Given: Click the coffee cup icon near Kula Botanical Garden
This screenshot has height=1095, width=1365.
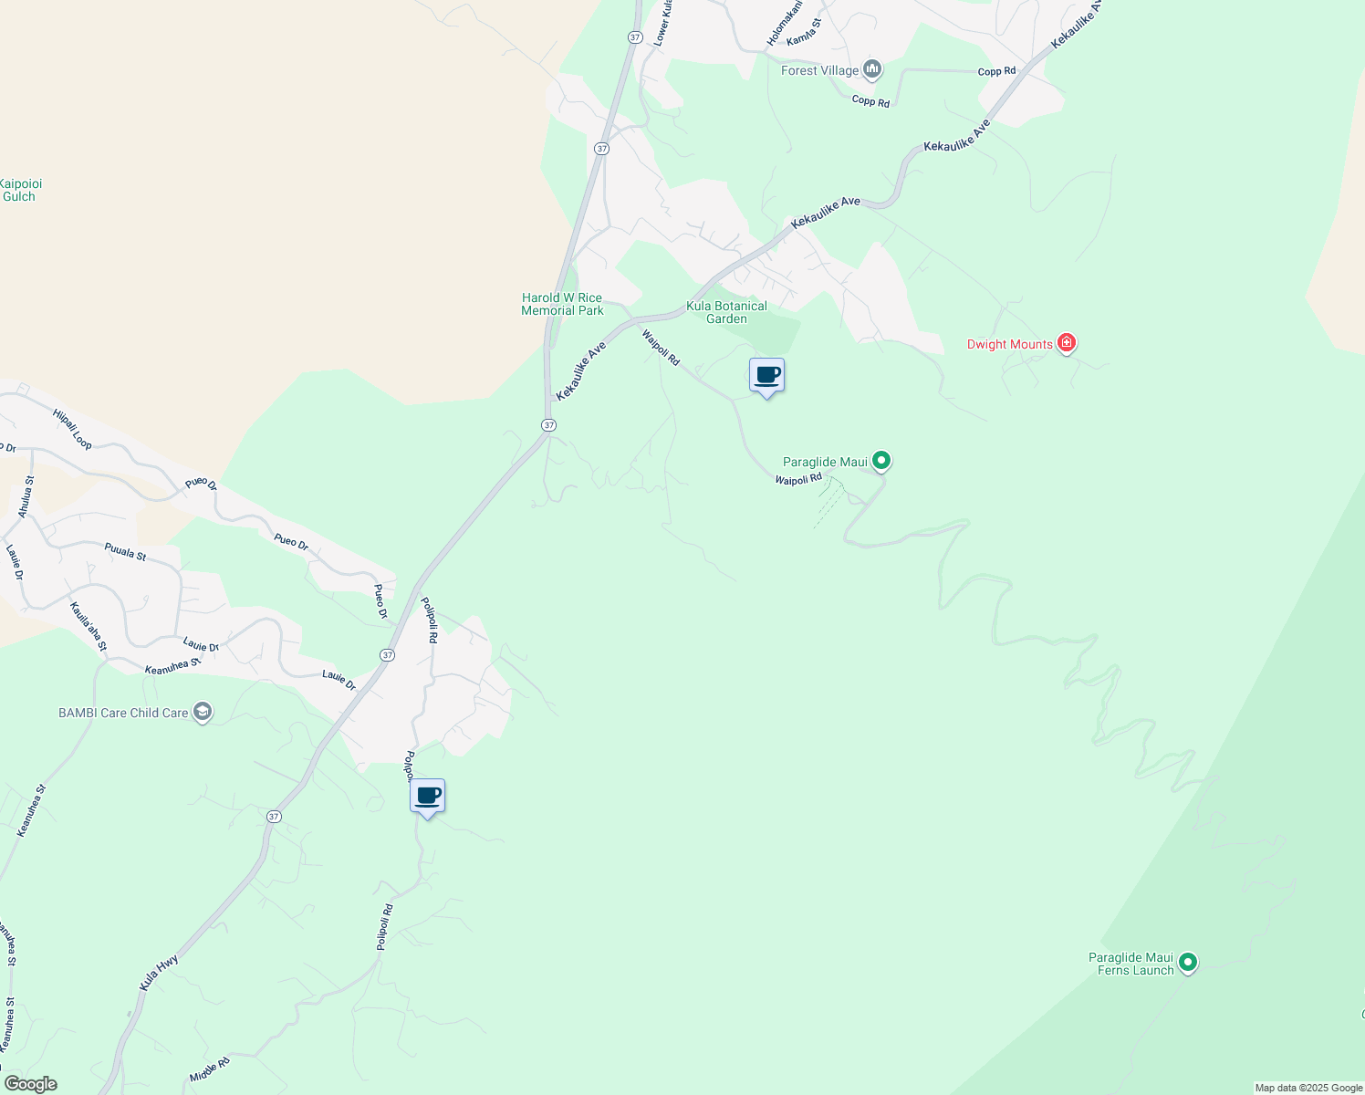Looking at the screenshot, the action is pyautogui.click(x=766, y=375).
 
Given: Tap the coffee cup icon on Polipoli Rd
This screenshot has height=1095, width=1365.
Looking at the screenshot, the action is pyautogui.click(x=427, y=796).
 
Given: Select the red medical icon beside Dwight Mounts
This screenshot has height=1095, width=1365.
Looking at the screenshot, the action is pyautogui.click(x=1067, y=343).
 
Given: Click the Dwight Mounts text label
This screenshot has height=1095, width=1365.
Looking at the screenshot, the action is pyautogui.click(x=1010, y=344).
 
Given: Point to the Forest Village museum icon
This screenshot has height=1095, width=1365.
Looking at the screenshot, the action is pyautogui.click(x=872, y=69).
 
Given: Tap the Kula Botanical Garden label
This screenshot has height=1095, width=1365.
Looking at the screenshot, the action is pyautogui.click(x=726, y=312).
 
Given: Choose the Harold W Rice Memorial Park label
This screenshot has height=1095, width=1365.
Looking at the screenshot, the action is pyautogui.click(x=562, y=304).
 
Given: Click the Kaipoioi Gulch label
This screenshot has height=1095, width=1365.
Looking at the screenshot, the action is pyautogui.click(x=19, y=190).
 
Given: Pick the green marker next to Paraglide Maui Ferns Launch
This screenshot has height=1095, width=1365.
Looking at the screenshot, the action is pyautogui.click(x=1187, y=962).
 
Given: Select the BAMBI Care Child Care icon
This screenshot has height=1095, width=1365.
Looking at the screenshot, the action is pyautogui.click(x=203, y=712).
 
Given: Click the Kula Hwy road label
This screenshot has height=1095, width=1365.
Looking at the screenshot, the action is pyautogui.click(x=159, y=973).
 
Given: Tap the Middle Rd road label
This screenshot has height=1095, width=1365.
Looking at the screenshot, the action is pyautogui.click(x=210, y=1070).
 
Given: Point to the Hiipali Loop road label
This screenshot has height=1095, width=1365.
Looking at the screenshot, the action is pyautogui.click(x=72, y=428).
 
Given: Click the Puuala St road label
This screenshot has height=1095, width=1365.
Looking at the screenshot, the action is pyautogui.click(x=125, y=551).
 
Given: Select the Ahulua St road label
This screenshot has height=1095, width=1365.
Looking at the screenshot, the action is pyautogui.click(x=26, y=496).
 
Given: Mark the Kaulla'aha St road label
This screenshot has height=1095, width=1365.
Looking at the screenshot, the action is pyautogui.click(x=89, y=626).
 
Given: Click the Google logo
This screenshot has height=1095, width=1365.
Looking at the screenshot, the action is pyautogui.click(x=30, y=1084).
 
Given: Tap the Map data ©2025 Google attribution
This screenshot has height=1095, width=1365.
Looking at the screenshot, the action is pyautogui.click(x=1308, y=1088).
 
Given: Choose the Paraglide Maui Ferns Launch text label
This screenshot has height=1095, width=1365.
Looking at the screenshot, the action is pyautogui.click(x=1131, y=964).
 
